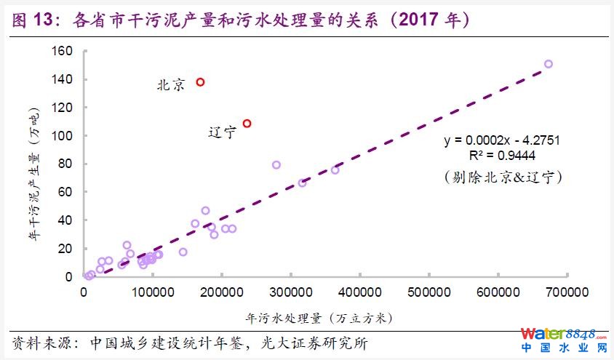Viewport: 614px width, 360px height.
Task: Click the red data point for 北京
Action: (200, 82)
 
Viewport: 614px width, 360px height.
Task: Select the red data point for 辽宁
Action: (247, 124)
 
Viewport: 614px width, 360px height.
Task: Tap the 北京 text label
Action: (171, 85)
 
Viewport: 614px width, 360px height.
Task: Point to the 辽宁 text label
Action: (223, 132)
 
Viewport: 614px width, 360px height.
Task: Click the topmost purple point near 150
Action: (549, 64)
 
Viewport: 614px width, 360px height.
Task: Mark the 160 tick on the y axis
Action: (63, 51)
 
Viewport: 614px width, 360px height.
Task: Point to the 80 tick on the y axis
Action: (66, 164)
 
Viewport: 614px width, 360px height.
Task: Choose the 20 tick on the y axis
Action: (66, 249)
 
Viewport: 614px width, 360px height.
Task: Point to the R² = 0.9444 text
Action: (502, 155)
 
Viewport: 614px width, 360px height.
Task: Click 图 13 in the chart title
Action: (33, 21)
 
